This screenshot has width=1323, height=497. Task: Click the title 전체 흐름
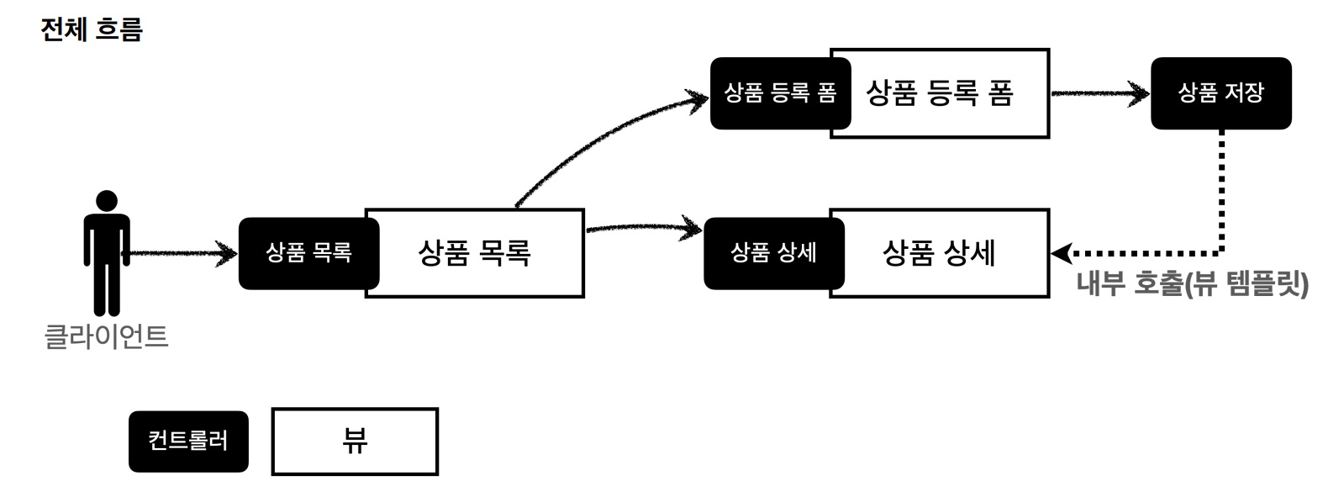(92, 29)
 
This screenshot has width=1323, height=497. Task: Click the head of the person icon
(107, 202)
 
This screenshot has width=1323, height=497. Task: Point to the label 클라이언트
(106, 336)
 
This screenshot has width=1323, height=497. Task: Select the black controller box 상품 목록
(308, 253)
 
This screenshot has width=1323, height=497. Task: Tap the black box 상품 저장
(1220, 93)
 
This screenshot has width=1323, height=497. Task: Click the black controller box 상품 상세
(772, 253)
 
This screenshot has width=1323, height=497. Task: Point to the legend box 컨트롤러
(188, 441)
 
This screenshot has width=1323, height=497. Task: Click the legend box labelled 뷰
(355, 441)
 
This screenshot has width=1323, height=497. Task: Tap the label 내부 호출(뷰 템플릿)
(1192, 284)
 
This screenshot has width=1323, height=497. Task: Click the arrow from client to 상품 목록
(181, 252)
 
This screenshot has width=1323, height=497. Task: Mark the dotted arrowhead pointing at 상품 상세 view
(1061, 252)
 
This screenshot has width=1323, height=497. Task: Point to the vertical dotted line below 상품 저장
(1220, 189)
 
